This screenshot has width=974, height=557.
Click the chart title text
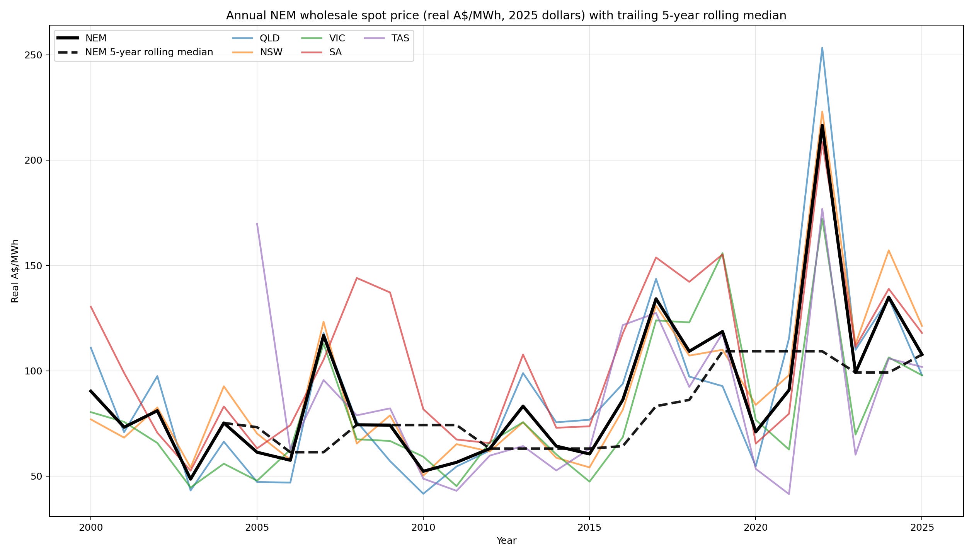506,15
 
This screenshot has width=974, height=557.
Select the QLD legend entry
256,38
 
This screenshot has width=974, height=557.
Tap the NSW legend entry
257,52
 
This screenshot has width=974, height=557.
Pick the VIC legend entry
323,38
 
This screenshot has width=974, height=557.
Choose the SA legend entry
321,52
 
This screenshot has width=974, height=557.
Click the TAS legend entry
387,38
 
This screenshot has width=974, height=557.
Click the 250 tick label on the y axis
33,55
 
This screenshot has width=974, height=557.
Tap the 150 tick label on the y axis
33,266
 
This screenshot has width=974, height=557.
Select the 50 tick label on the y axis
36,476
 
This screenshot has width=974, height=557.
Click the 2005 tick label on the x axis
257,528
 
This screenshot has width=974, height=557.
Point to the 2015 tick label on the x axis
589,528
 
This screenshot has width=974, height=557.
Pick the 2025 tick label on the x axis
922,528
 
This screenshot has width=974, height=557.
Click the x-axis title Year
506,541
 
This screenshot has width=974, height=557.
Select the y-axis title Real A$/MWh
15,271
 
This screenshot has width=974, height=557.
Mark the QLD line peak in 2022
822,48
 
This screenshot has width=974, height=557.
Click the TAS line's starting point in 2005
257,223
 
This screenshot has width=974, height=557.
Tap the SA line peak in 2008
357,278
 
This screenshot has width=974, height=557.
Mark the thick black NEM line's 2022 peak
822,125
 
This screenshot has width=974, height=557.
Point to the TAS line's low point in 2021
789,494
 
